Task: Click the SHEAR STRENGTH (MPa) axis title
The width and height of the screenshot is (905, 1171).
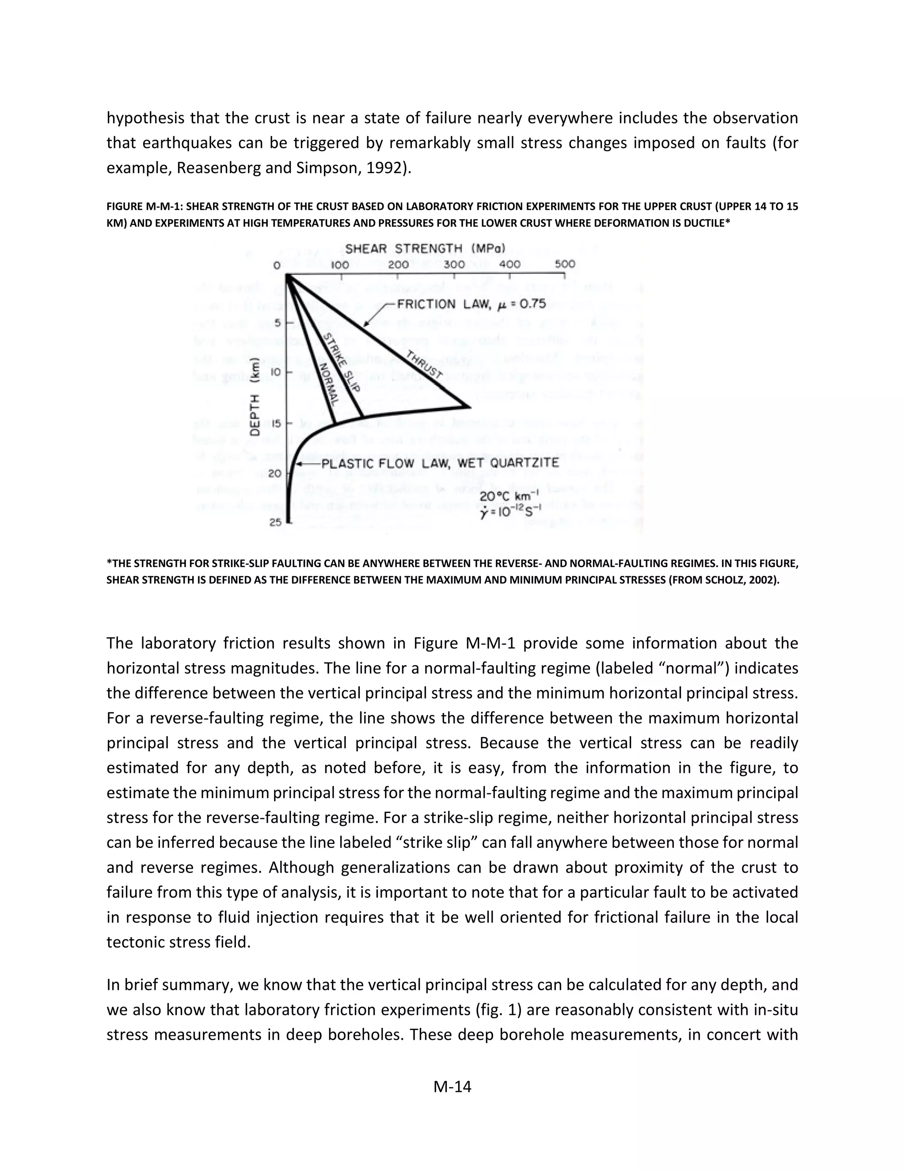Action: tap(425, 249)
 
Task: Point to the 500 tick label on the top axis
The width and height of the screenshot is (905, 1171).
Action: tap(565, 264)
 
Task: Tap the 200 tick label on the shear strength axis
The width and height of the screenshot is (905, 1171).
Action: tap(398, 264)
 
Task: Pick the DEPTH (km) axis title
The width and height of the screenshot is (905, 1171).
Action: tap(256, 396)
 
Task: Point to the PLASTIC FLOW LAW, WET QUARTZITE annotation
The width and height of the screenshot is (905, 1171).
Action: tap(440, 463)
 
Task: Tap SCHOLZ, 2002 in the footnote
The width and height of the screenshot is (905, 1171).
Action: tap(744, 580)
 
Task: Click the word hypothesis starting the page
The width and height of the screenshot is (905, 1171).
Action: tap(145, 118)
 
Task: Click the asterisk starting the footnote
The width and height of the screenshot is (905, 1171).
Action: tap(109, 563)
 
